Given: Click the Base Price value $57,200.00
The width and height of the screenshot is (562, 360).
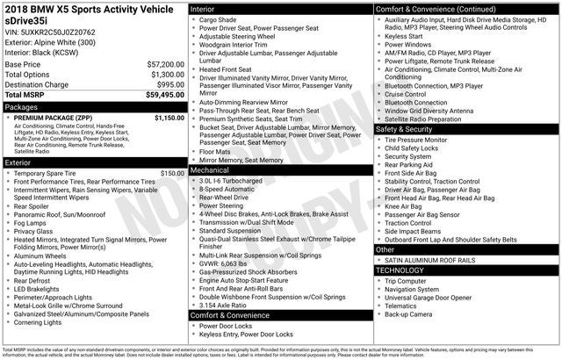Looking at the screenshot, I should click(164, 64).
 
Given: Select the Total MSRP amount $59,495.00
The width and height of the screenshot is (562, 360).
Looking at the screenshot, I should click(164, 95).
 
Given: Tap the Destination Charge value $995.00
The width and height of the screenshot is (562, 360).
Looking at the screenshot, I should click(168, 84).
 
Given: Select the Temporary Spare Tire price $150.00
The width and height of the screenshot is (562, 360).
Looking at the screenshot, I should click(171, 173).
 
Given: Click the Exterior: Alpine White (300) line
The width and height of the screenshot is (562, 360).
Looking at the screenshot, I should click(51, 41).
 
